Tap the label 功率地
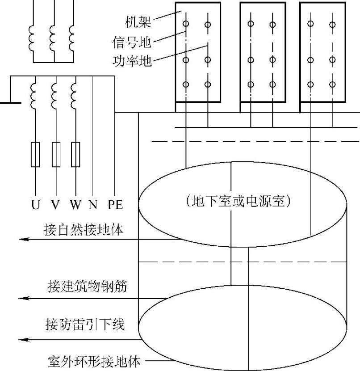point(138,60)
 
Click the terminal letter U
point(35,205)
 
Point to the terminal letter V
point(55,205)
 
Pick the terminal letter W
point(75,205)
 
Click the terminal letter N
point(93,205)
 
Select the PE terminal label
point(115,205)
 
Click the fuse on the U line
point(35,154)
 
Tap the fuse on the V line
point(56,154)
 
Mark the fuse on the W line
point(75,154)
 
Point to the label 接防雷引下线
point(85,324)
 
